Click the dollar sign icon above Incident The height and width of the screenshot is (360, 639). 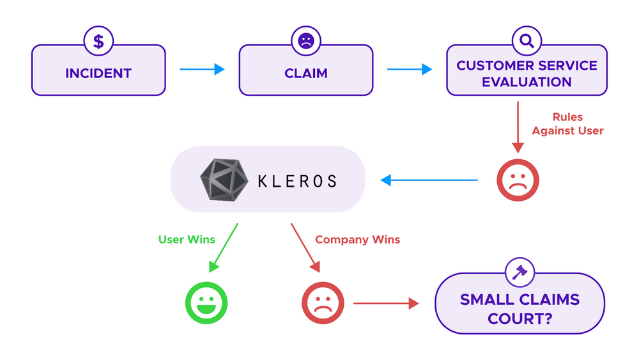98,41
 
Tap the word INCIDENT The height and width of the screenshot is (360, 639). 98,74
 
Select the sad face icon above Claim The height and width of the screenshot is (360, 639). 306,41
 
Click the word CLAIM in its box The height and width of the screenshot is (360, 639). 306,74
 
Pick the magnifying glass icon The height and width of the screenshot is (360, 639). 527,41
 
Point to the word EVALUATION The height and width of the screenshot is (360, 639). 527,82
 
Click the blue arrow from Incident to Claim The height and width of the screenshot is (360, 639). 202,69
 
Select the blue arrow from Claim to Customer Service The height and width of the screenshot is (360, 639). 410,69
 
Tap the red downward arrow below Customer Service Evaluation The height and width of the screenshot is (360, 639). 518,127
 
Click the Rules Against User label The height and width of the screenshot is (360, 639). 567,123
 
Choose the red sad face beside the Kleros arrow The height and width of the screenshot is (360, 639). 518,180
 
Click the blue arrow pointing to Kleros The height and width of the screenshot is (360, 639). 429,180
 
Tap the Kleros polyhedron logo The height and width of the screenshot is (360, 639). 224,180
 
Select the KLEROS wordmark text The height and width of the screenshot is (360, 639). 298,181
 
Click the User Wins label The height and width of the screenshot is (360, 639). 187,239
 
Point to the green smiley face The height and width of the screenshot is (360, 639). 206,303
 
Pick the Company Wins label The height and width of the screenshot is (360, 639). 357,239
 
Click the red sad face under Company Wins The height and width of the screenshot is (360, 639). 323,303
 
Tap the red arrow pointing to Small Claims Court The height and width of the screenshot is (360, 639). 386,303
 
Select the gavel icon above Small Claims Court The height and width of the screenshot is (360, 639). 520,272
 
